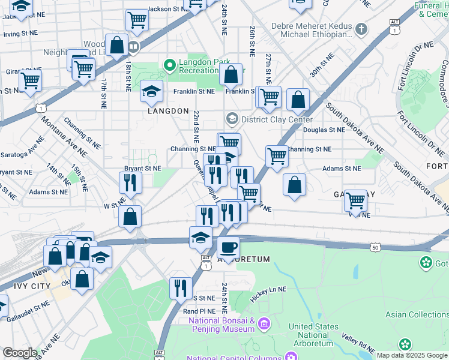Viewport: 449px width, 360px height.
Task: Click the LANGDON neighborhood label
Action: click(168, 111)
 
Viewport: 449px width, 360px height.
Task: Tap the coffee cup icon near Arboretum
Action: click(228, 247)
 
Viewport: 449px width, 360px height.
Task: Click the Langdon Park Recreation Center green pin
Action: click(170, 64)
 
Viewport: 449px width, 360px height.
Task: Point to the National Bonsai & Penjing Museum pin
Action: click(263, 325)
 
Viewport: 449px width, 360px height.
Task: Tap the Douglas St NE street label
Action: click(324, 130)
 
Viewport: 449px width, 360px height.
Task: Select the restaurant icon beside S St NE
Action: click(180, 288)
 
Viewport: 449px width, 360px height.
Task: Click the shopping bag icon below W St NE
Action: click(130, 217)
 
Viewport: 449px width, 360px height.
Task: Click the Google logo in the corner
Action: click(19, 353)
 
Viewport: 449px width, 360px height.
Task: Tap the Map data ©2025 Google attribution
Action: click(411, 355)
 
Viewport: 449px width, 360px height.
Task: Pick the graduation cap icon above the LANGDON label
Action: click(152, 91)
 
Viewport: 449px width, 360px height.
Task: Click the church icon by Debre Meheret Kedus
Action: click(361, 28)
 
